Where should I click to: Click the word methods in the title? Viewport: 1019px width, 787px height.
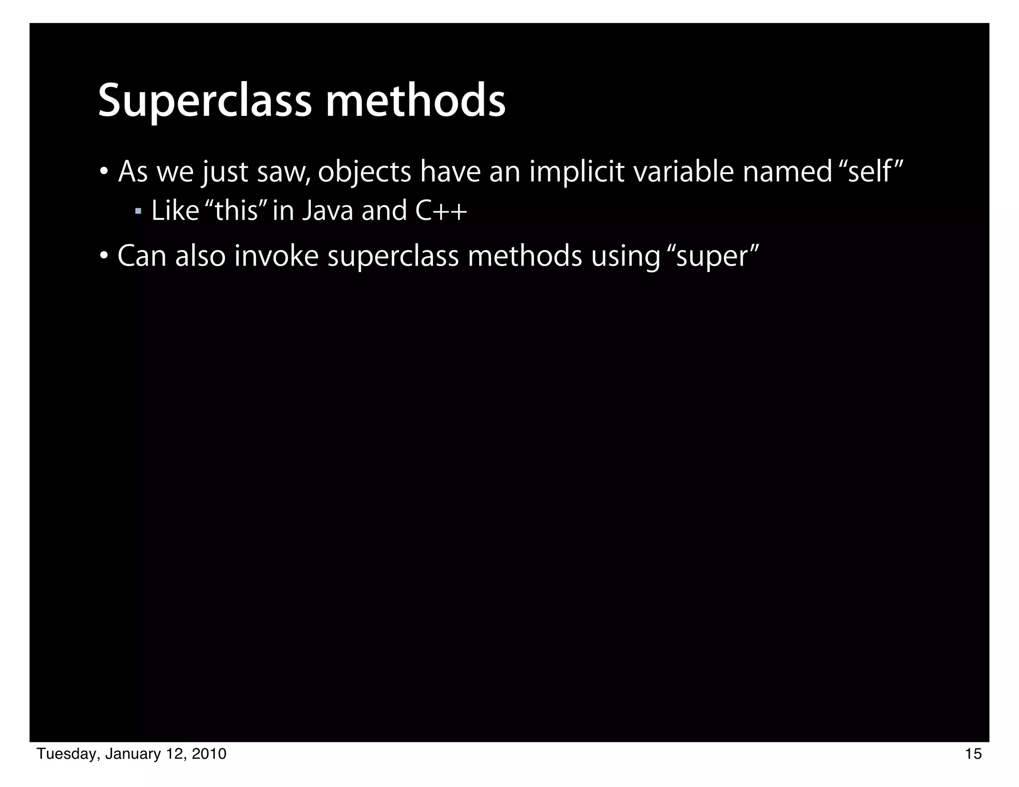point(415,101)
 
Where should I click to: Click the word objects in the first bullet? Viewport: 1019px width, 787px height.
point(364,173)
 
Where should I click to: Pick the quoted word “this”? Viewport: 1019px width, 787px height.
point(236,210)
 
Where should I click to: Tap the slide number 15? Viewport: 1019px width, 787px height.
point(973,755)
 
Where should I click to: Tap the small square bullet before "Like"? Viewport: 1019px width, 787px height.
point(138,211)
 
